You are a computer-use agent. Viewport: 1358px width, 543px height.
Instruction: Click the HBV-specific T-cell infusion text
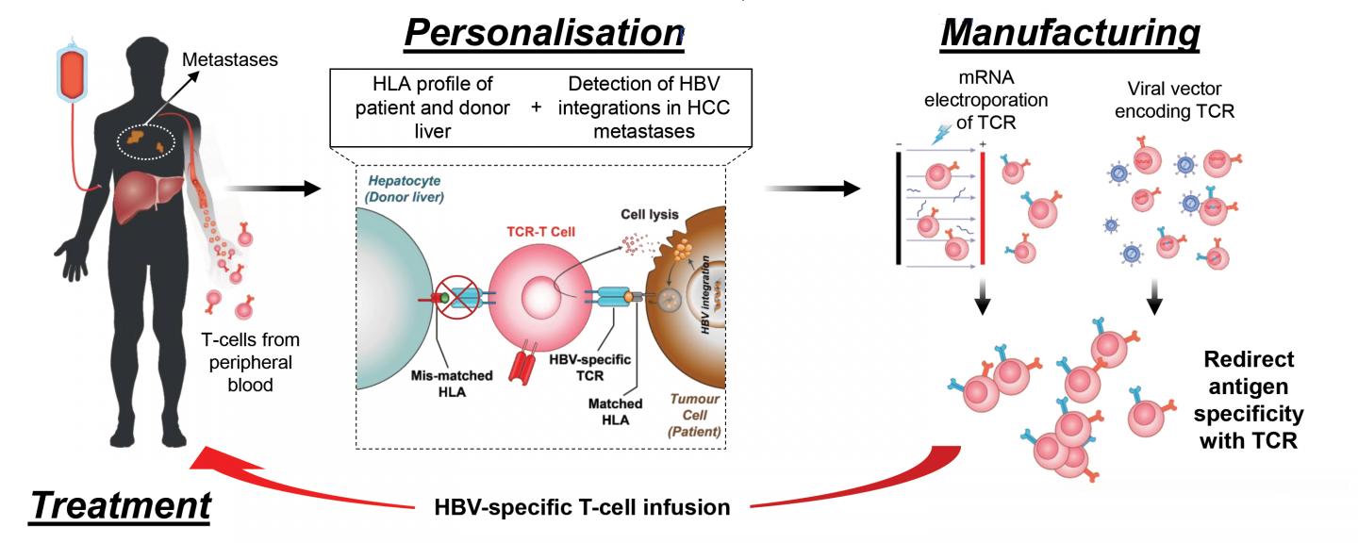coord(583,507)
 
